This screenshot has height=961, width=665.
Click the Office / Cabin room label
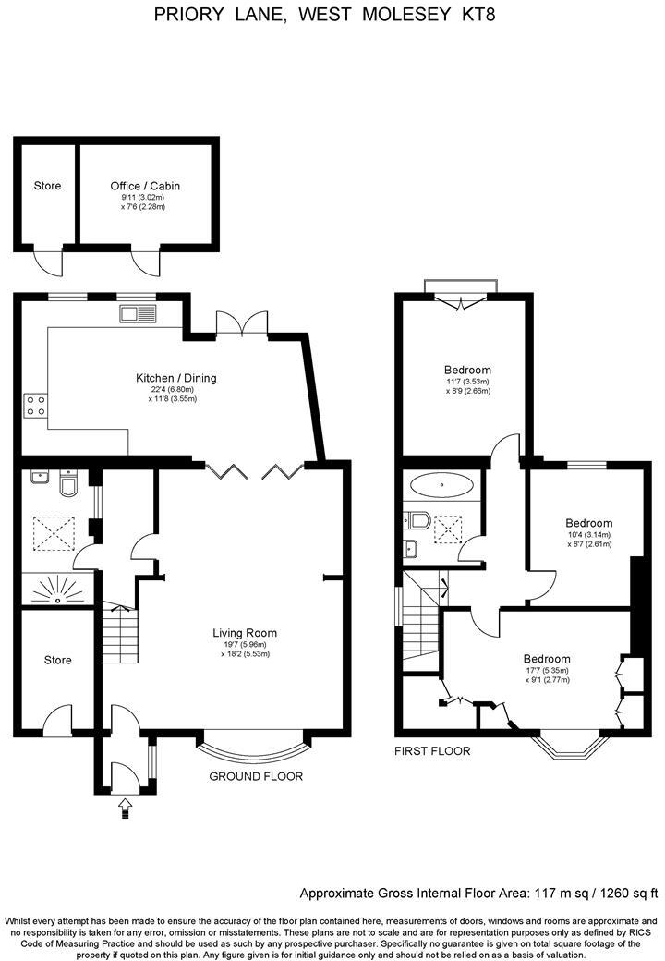(x=145, y=186)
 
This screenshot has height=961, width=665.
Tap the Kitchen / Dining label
(x=175, y=379)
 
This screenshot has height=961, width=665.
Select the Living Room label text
(x=245, y=633)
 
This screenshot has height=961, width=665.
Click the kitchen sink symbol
(x=139, y=314)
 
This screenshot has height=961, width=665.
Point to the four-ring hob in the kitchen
(x=36, y=405)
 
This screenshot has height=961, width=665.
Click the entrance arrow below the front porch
(x=126, y=809)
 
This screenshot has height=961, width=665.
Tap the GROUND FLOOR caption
(x=256, y=776)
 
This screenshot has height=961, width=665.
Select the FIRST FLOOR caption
(x=432, y=751)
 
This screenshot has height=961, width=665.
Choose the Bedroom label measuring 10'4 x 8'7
(x=588, y=523)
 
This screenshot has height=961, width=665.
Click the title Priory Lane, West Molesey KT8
(x=332, y=15)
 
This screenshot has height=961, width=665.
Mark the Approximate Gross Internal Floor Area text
(x=478, y=894)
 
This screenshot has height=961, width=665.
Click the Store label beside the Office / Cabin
(x=47, y=186)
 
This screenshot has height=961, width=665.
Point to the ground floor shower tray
(x=57, y=589)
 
